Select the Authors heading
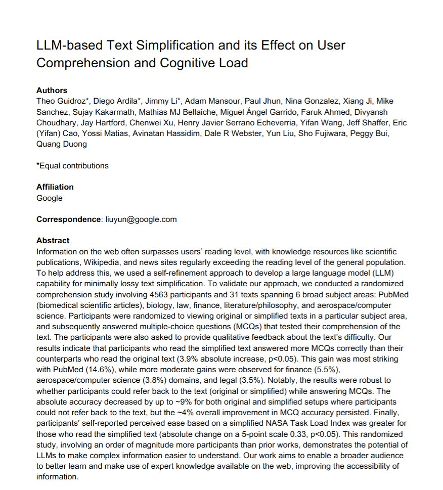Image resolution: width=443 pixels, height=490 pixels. [x=52, y=91]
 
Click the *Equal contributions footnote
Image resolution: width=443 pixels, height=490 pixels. [x=72, y=165]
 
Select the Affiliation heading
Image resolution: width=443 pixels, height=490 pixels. [x=55, y=187]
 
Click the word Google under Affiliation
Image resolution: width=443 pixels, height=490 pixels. [x=50, y=198]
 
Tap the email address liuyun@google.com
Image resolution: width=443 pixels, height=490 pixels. [x=141, y=219]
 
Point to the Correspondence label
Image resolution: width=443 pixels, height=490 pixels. [x=68, y=219]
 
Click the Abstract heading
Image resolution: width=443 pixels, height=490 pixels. [x=53, y=241]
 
